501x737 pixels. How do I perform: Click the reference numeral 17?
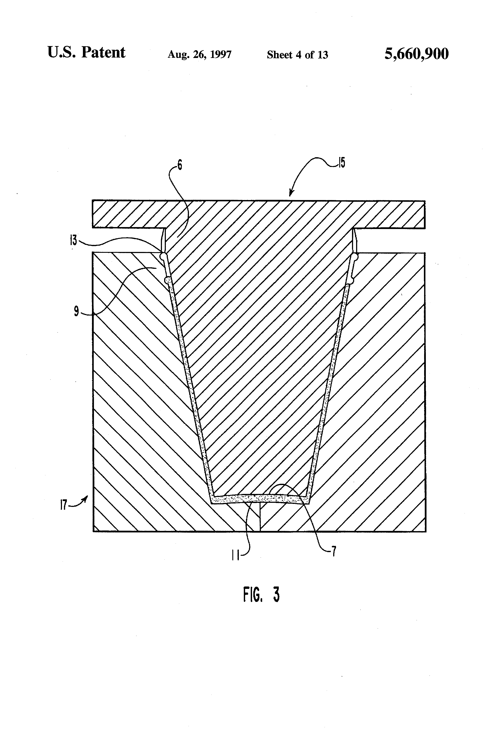64,504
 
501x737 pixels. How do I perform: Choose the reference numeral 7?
333,552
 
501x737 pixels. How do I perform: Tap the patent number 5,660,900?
416,54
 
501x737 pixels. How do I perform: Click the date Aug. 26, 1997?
200,54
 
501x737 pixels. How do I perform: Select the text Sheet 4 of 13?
297,54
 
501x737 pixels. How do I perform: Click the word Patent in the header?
103,52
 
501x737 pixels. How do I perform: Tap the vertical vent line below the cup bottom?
260,517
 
